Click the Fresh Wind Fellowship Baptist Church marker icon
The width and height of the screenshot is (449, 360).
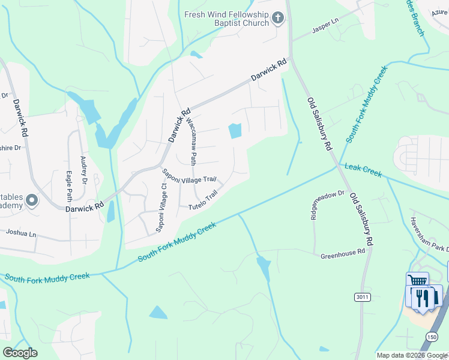tap(277, 18)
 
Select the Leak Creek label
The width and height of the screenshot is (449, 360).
tap(362, 171)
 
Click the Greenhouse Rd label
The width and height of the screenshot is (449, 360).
tap(343, 253)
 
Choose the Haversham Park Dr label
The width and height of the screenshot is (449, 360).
tap(429, 233)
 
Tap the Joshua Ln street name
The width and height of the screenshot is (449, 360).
tap(21, 232)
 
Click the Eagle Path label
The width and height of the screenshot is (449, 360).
tap(70, 187)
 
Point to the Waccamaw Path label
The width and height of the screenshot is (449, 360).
tap(191, 141)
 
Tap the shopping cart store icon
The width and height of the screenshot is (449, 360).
tap(417, 283)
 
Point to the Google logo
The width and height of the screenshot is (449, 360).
tap(20, 353)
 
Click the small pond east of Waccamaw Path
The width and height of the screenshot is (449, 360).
tap(235, 130)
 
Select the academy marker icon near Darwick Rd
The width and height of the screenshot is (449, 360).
tap(31, 200)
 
